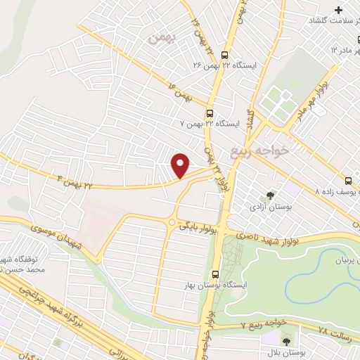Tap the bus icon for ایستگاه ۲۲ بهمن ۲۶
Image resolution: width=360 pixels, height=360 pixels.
click(x=224, y=55)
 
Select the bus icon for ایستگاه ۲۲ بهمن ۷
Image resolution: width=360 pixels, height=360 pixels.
click(x=210, y=113)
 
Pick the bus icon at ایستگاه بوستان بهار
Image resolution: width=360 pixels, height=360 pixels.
click(x=215, y=274)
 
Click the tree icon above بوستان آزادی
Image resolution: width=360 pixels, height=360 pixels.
click(x=271, y=196)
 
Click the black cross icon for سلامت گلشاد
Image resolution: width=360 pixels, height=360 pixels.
click(x=339, y=10)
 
